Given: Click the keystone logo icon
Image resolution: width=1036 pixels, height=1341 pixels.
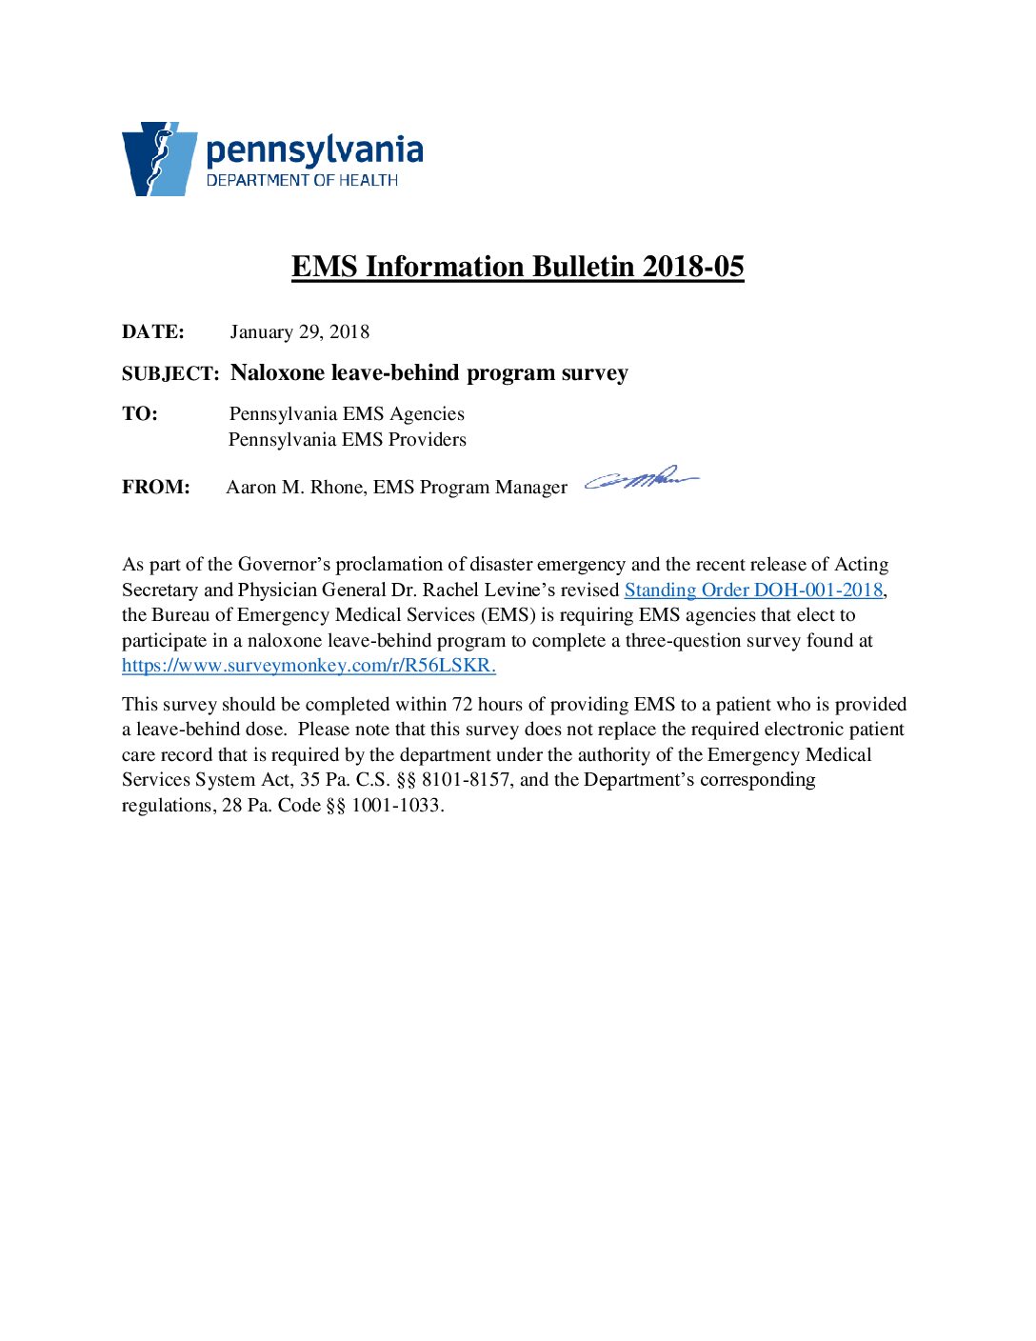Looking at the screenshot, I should point(158,159).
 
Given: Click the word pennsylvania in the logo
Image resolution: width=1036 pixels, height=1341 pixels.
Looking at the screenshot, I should point(314,151).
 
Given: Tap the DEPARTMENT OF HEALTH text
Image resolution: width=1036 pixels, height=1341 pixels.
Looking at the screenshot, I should point(302,180).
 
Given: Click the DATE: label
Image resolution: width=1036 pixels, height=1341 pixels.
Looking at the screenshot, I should point(153,332).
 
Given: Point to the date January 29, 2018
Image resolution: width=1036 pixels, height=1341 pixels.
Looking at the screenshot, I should point(299,332).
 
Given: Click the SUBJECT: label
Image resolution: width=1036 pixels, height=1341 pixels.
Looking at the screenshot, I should point(170,374).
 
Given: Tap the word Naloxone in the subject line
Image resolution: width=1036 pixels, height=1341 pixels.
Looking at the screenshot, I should point(278,372).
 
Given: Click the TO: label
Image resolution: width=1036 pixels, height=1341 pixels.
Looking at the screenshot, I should point(140,414).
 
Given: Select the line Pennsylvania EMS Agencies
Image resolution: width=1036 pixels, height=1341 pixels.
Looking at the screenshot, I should point(347,414).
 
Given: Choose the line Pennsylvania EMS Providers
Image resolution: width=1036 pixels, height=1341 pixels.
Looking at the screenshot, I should point(348,440).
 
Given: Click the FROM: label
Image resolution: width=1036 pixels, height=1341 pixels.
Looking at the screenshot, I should point(156,488).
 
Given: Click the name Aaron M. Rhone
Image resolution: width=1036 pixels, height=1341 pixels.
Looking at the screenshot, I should point(295,488).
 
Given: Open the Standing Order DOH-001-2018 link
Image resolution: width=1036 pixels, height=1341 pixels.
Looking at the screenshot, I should point(753,590).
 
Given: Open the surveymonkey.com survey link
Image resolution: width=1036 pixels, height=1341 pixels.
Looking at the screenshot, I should point(309,666).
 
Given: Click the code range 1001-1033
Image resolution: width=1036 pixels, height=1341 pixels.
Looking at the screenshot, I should point(396,806).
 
